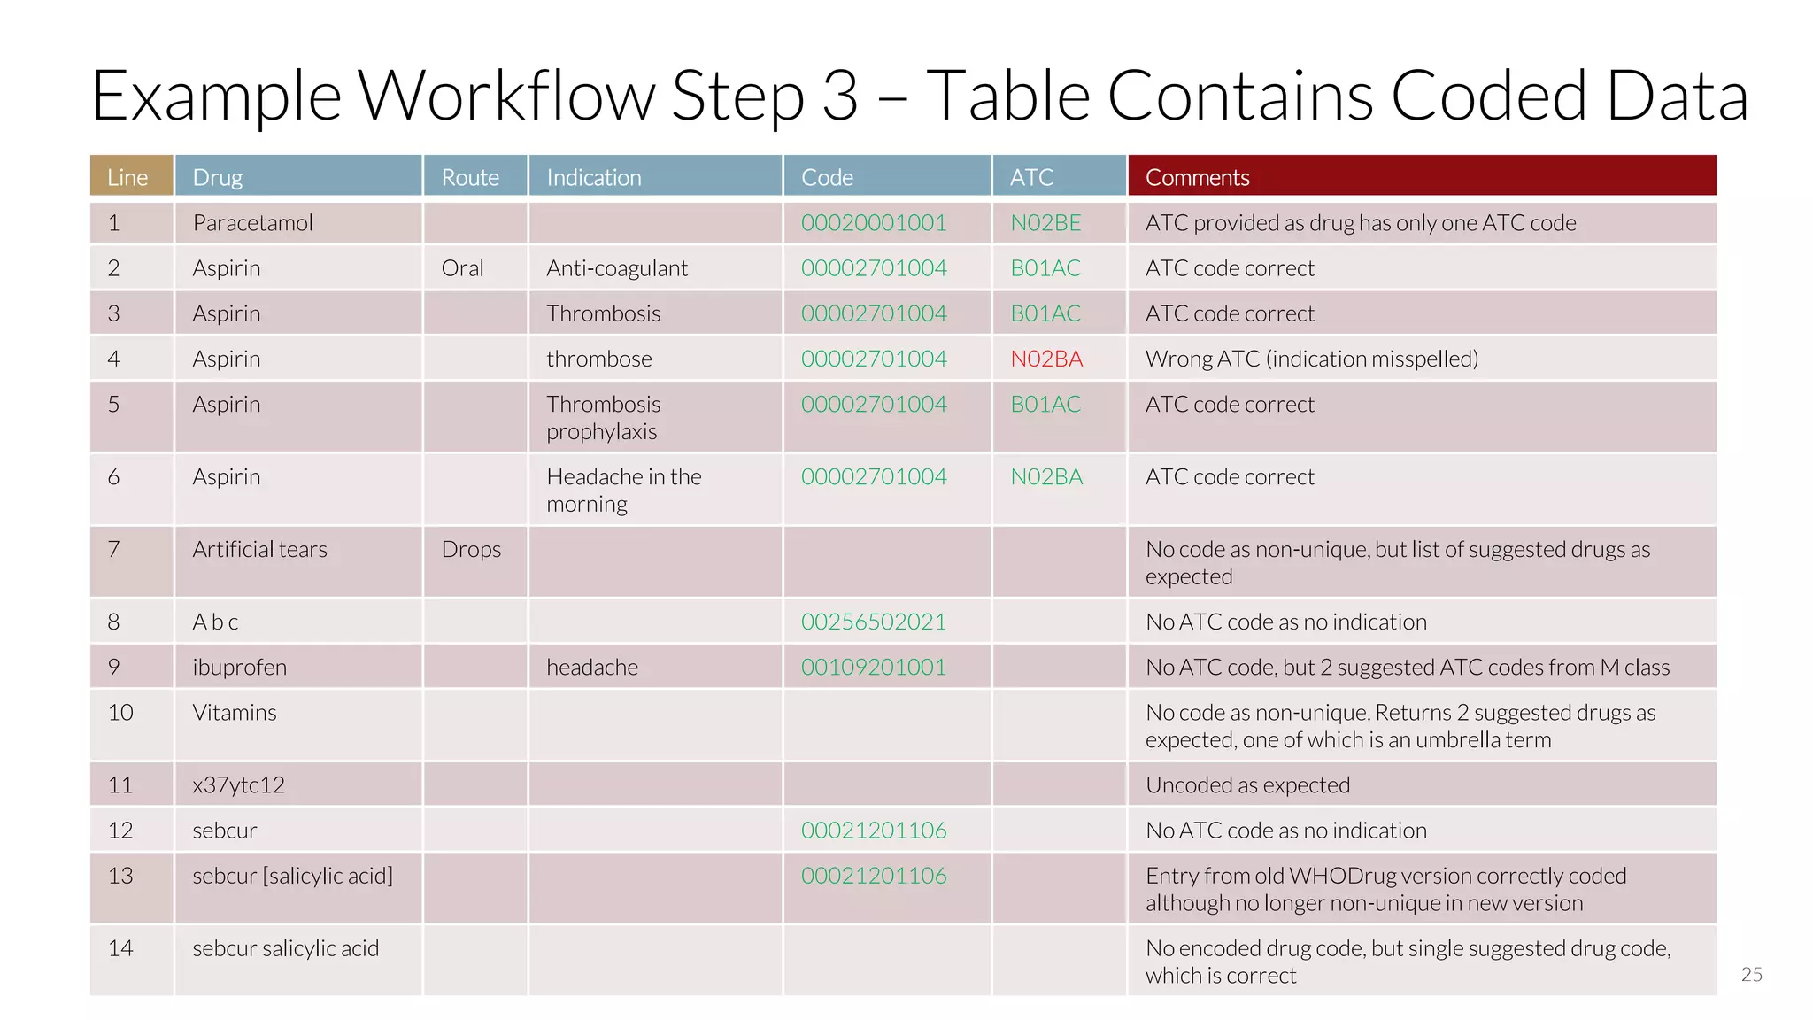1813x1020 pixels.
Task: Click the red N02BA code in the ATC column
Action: pos(1046,359)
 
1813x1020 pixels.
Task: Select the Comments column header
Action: pos(1197,177)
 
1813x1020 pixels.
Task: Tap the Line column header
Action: pos(127,177)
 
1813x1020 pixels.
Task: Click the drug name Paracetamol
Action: pos(252,223)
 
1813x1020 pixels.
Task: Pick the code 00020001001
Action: pos(873,223)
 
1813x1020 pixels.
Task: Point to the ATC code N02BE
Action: pos(1045,223)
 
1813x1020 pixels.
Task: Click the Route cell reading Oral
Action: pos(462,268)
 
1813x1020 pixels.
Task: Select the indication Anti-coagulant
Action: pos(616,268)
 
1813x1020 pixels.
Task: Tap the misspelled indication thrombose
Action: pos(598,359)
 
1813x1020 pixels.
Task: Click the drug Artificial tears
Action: pos(259,550)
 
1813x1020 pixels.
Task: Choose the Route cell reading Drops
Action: pos(471,550)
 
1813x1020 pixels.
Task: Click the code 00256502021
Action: pos(873,622)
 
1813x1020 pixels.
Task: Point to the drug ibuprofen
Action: pos(239,668)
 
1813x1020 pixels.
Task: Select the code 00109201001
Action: pos(873,668)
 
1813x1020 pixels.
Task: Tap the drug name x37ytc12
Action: pos(238,785)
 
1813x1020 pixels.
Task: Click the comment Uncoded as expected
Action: pos(1247,785)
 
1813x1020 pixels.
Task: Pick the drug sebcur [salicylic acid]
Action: pos(292,876)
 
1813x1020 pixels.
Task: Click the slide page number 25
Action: pos(1751,975)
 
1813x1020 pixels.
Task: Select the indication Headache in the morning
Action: pos(623,491)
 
